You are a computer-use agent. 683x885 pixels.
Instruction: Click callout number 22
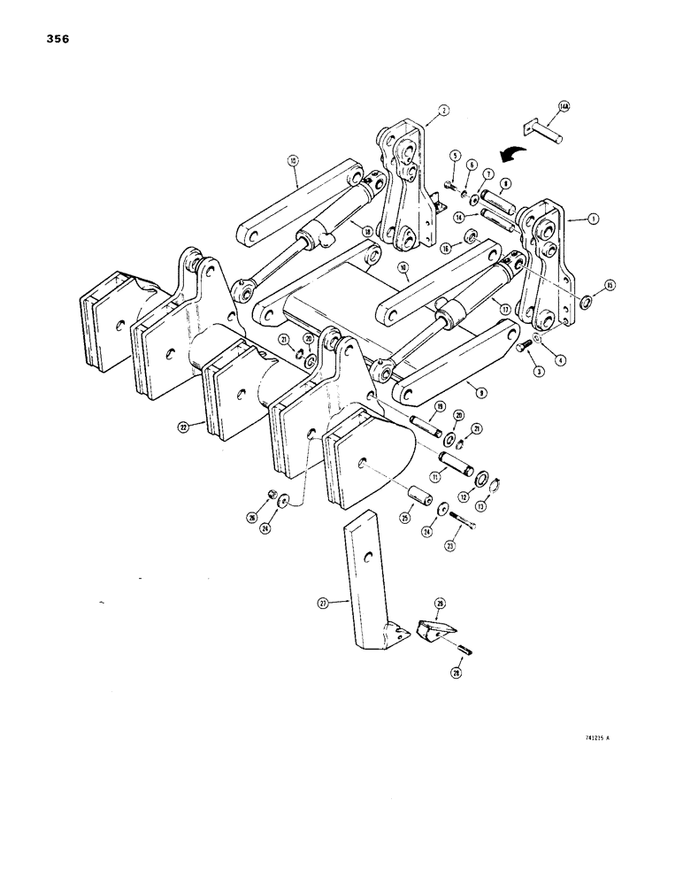[x=182, y=427]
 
